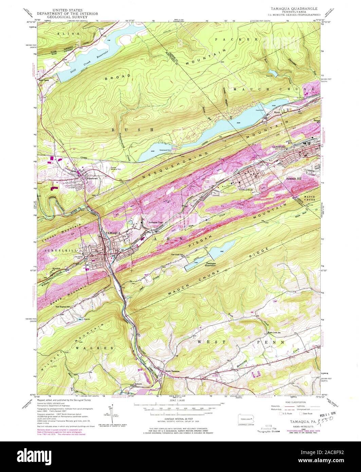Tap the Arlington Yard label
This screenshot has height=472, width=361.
click(x=156, y=222)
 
